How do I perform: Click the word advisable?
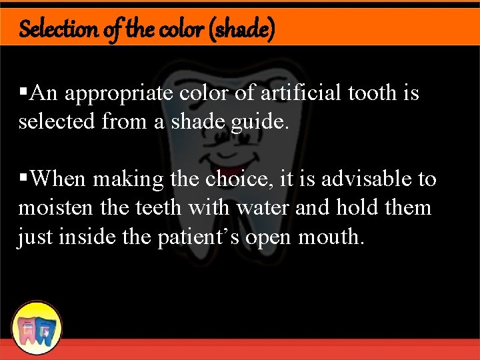coord(361,179)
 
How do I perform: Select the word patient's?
coord(201,237)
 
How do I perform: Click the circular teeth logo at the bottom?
coord(37,327)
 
